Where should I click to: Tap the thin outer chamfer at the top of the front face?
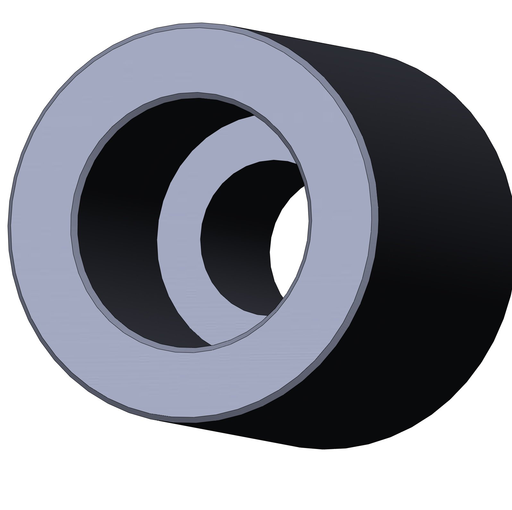pos(192,25)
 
